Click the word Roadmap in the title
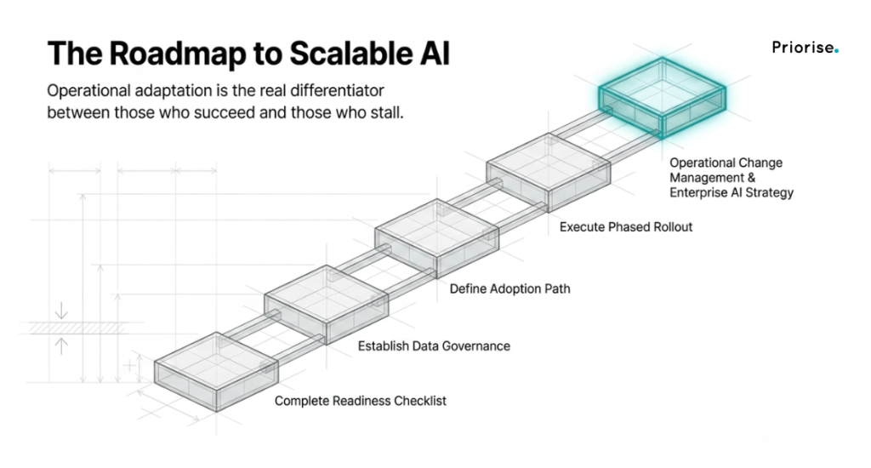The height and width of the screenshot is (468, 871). point(177,54)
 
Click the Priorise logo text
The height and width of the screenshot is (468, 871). point(803,48)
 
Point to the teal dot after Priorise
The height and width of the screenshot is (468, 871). point(837,51)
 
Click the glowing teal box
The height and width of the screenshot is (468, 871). point(662,97)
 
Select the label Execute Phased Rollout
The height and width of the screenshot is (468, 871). point(625,227)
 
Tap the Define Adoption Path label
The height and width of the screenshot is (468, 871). point(510,288)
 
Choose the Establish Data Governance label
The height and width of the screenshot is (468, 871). point(434,345)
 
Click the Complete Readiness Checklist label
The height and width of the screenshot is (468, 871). point(360,401)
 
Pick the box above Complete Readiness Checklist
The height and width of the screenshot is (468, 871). point(216,371)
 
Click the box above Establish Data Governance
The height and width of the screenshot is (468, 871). point(327,305)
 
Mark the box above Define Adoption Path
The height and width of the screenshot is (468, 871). point(437,238)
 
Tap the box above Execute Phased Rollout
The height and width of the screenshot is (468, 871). point(549,172)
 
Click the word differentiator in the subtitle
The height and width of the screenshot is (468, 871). point(337,90)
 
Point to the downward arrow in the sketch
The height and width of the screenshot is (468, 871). point(61,310)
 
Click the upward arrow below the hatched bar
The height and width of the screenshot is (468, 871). point(61,345)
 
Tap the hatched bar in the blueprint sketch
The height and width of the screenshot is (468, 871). point(77,328)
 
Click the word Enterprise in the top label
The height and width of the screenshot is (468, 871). point(697,193)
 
